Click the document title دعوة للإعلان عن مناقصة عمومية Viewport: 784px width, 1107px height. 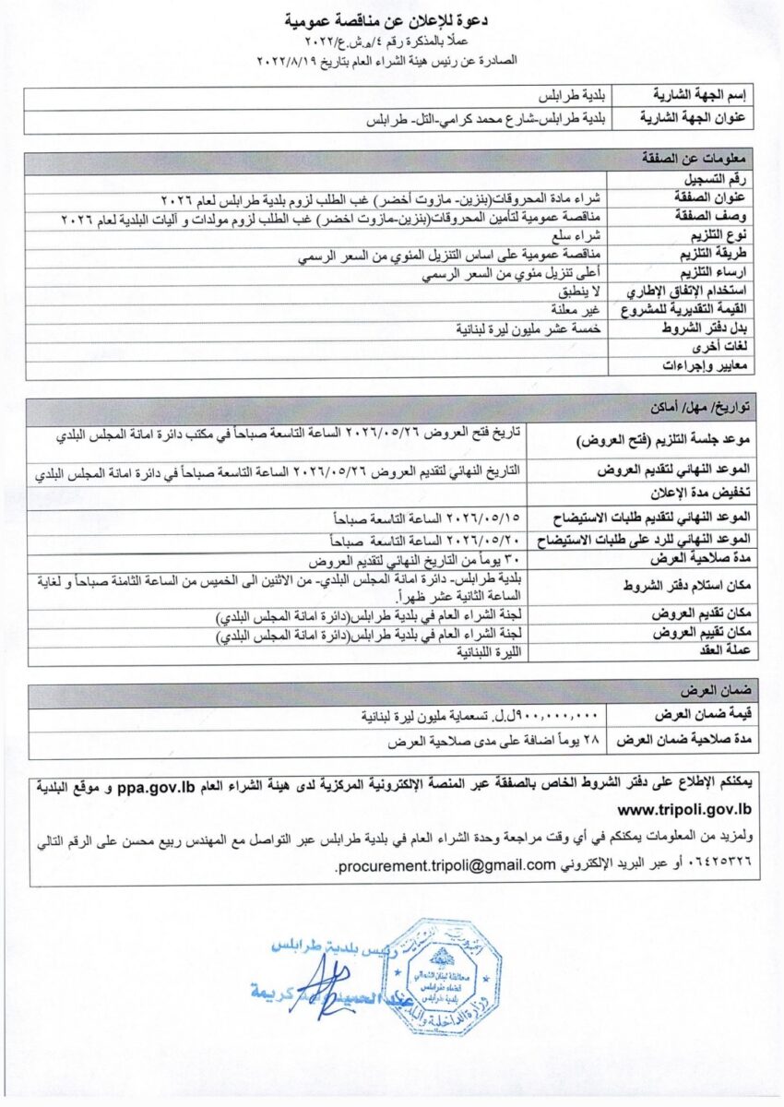tap(391, 19)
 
